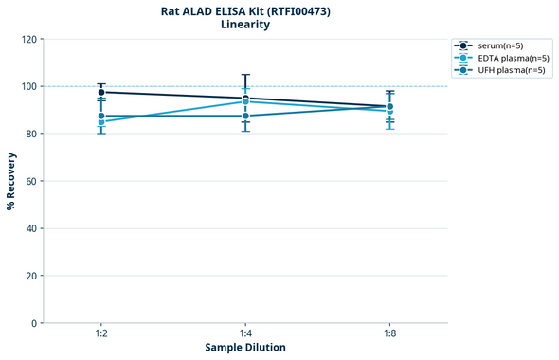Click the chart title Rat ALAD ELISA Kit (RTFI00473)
tap(245, 11)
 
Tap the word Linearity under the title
tap(245, 25)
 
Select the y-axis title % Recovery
tap(11, 181)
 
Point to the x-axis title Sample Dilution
tap(245, 348)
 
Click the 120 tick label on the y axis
tap(29, 40)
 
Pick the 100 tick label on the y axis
tap(29, 87)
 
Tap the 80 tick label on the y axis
tap(32, 135)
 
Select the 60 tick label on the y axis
tap(32, 181)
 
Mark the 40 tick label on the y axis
tap(32, 228)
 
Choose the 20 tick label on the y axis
tap(32, 276)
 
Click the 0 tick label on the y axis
tap(35, 323)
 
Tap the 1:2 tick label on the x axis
tap(101, 333)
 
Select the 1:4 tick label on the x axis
tap(245, 333)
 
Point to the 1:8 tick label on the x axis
tap(389, 333)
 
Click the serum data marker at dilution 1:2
tap(101, 92)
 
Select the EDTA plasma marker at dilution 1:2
tap(101, 122)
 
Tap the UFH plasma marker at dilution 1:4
tap(245, 116)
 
